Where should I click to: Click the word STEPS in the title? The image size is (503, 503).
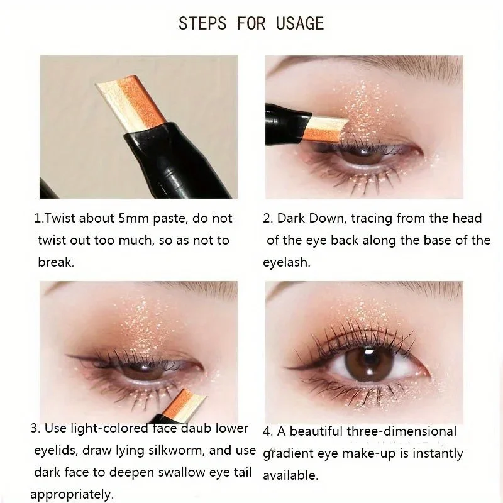click(202, 24)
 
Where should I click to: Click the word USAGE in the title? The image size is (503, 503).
click(299, 24)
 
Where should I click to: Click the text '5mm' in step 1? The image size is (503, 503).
click(137, 219)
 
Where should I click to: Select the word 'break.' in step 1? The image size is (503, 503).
click(56, 262)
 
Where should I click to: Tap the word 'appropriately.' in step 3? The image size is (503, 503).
click(72, 494)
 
